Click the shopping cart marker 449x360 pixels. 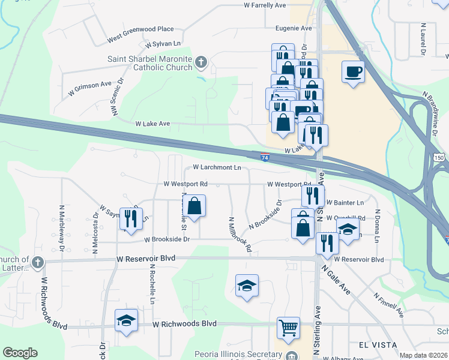pyautogui.click(x=288, y=328)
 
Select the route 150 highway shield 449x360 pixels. pyautogui.click(x=439, y=157)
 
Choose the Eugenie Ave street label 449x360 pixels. pyautogui.click(x=294, y=28)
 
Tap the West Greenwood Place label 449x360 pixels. pyautogui.click(x=140, y=34)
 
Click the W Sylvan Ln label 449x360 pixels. pyautogui.click(x=163, y=44)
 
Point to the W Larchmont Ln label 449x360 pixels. pyautogui.click(x=217, y=167)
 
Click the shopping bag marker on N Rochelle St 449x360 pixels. pyautogui.click(x=194, y=206)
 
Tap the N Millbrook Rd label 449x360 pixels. pyautogui.click(x=239, y=235)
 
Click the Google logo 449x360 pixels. pyautogui.click(x=20, y=353)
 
